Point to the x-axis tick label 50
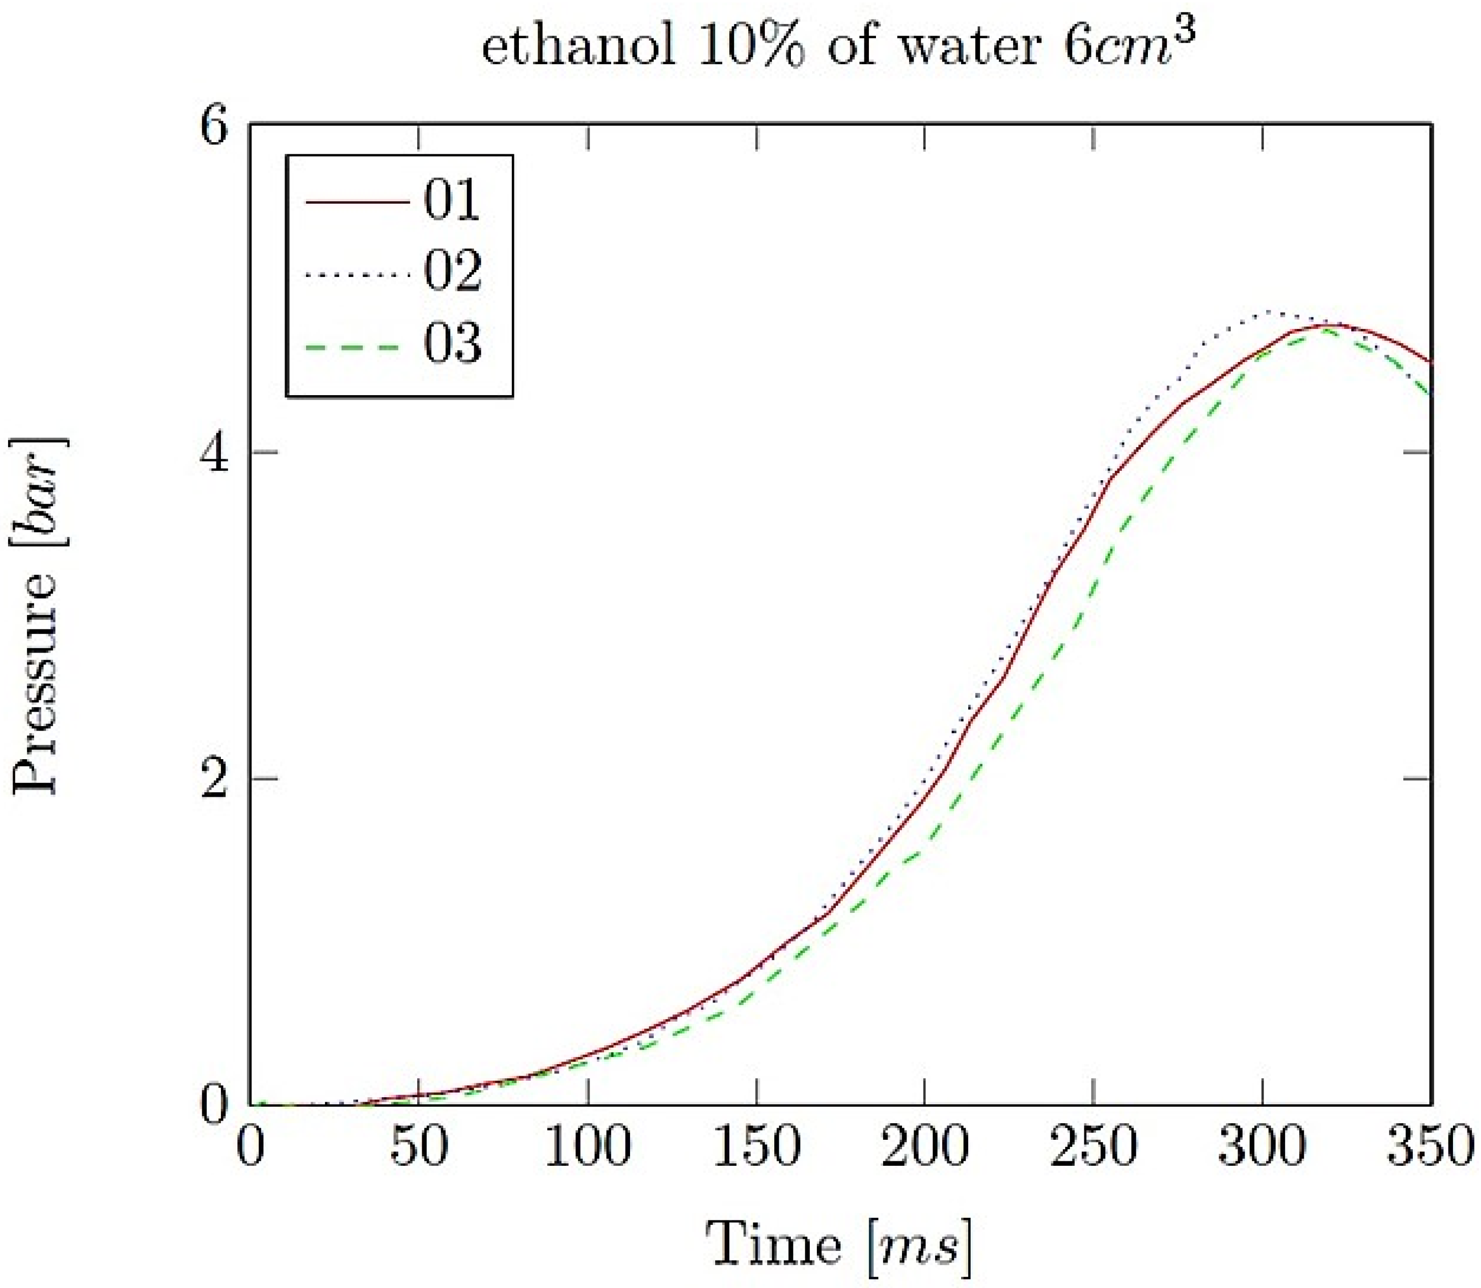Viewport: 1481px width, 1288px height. [419, 1149]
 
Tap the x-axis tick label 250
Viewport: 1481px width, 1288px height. [1093, 1149]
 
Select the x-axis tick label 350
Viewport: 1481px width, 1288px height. [1429, 1149]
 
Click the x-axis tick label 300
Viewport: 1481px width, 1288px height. [1262, 1149]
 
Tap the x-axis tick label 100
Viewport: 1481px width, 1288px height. [588, 1149]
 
